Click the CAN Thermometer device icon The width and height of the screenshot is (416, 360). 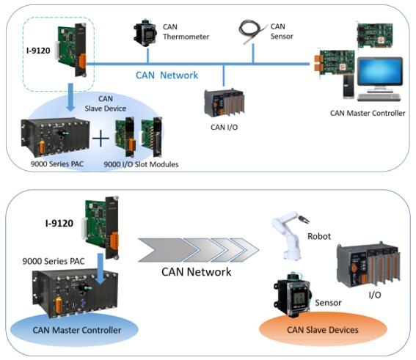pos(145,33)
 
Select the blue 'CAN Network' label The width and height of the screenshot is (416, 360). pos(167,76)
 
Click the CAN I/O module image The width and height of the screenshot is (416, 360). pos(224,103)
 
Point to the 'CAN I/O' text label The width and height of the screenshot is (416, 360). pos(225,128)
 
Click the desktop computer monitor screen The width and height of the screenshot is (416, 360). pos(380,71)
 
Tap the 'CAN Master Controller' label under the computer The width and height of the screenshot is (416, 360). pos(368,113)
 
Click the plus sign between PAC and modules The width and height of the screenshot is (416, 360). pos(101,138)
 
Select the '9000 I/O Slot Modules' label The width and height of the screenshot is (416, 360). pos(141,164)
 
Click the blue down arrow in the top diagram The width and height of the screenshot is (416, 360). pos(70,97)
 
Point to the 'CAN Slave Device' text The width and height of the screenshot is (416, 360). pos(106,103)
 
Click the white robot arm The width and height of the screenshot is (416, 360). pos(289,235)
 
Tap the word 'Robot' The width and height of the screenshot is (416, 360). pos(319,236)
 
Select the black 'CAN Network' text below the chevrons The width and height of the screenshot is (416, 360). pos(197,272)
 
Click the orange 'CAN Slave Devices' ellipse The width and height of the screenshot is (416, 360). pos(323,329)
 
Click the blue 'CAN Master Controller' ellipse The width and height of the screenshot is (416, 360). pos(74,330)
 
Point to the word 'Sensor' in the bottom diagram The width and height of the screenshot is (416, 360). pos(328,303)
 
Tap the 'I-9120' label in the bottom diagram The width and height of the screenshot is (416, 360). pos(59,223)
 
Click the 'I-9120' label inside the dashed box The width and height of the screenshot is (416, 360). pos(38,51)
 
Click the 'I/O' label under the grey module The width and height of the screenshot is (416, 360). pos(375,295)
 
